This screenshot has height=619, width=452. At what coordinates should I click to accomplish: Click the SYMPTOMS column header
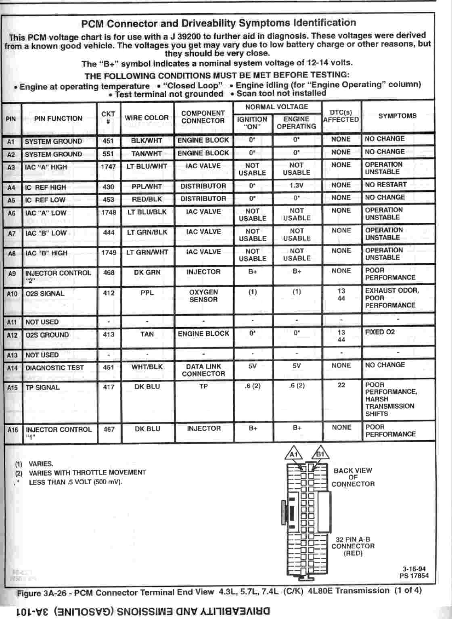(397, 116)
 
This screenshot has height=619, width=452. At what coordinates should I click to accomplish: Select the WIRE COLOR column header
(146, 118)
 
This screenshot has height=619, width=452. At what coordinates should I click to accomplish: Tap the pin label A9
(12, 273)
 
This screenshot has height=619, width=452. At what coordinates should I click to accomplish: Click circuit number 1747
(108, 166)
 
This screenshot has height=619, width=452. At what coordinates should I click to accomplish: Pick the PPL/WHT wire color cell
(146, 186)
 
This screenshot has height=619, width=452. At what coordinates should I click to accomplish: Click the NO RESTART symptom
(386, 185)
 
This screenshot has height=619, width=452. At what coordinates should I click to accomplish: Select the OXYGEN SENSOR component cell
(203, 296)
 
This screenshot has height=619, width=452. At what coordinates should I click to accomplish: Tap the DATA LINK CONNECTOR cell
(203, 370)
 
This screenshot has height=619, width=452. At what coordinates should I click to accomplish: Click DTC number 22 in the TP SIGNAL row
(341, 385)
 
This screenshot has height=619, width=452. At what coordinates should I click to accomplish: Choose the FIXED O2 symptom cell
(380, 332)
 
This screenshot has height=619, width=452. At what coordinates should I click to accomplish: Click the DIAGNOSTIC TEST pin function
(54, 368)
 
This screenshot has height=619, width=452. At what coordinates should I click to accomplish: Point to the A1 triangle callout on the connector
(294, 454)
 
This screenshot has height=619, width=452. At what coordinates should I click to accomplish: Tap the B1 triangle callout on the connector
(320, 454)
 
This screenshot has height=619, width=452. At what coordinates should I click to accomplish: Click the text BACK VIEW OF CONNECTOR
(353, 477)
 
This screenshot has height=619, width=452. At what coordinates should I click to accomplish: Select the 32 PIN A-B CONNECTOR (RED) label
(353, 546)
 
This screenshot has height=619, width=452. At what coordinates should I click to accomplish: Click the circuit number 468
(109, 273)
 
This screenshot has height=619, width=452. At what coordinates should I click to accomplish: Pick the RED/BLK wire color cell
(146, 199)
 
